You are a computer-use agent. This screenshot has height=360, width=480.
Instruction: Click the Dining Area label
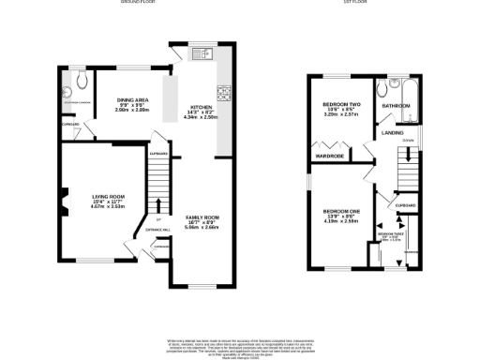coord(133,104)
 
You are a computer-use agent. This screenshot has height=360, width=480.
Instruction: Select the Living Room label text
coord(108,201)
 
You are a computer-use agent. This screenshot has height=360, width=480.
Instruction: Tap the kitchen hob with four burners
coord(224,93)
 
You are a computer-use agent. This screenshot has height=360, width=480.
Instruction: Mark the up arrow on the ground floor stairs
coord(158,205)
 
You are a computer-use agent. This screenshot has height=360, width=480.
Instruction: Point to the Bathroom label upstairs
coord(395,107)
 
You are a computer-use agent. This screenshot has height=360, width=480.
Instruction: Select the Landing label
coord(393,133)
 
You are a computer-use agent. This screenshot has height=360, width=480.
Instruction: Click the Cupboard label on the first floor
coord(405,204)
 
